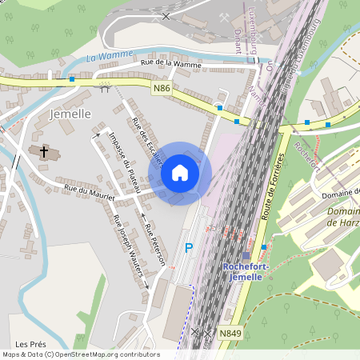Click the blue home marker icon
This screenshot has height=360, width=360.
[180, 173]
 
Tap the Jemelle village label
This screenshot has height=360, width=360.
[70, 114]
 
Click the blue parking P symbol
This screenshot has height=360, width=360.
[189, 249]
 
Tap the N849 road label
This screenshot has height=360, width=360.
[230, 332]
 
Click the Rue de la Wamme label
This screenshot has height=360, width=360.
[170, 62]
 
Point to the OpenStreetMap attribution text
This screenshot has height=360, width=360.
[81, 354]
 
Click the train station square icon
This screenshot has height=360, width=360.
[246, 256]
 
